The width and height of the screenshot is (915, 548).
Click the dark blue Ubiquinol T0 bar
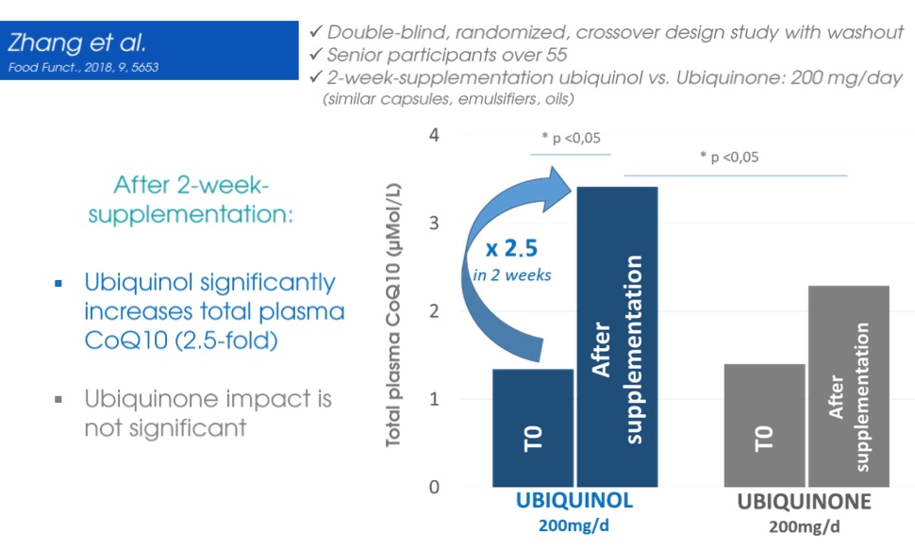click(533, 428)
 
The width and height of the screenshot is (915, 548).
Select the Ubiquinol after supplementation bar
click(618, 337)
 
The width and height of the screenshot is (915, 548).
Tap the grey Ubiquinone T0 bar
click(764, 425)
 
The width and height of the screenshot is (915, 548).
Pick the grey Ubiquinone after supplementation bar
click(849, 387)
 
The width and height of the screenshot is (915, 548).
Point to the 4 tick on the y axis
click(434, 136)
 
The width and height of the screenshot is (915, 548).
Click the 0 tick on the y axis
click(434, 487)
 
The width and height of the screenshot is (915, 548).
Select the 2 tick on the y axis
click(434, 311)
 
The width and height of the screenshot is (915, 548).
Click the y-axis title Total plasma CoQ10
click(393, 315)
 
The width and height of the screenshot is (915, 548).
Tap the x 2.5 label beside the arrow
click(511, 249)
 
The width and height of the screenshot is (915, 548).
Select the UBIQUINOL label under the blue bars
click(574, 501)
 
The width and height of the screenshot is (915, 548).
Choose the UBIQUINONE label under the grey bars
click(804, 502)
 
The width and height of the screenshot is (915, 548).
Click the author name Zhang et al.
click(76, 42)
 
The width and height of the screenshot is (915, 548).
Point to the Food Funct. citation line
click(83, 67)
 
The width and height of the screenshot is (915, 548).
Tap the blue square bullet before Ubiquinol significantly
click(58, 284)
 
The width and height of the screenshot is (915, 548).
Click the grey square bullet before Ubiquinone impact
click(58, 400)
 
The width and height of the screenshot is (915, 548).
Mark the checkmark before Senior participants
click(316, 54)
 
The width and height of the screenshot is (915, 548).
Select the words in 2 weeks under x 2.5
click(512, 274)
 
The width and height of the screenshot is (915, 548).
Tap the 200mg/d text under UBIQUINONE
click(804, 527)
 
